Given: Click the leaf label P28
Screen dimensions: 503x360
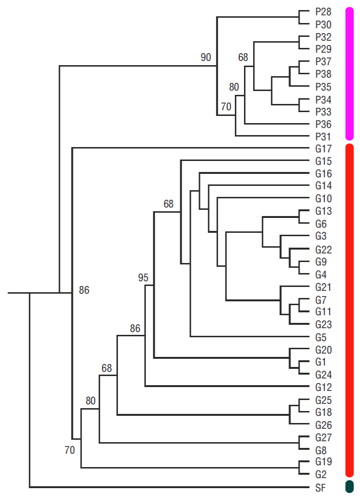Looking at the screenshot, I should [x=324, y=11].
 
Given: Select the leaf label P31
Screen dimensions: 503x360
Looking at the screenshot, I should [x=324, y=137].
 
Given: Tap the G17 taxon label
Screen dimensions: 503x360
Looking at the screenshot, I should [x=324, y=149].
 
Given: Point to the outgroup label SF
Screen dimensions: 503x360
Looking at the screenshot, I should [x=321, y=488].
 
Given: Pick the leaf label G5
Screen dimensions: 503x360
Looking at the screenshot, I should [x=321, y=337].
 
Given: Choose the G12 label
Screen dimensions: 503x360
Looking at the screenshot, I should [x=324, y=387].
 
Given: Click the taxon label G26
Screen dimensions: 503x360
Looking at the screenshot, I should [x=324, y=425].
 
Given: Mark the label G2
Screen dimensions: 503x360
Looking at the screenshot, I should [x=321, y=475].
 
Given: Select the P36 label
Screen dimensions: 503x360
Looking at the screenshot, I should [x=324, y=124].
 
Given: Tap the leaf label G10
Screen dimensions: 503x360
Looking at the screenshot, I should [x=324, y=198].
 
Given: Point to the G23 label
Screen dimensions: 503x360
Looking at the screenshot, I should [x=324, y=325].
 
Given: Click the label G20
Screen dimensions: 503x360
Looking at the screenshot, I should [x=324, y=350].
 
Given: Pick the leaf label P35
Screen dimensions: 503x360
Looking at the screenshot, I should [x=324, y=87].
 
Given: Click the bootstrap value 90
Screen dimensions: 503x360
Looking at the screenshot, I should [x=206, y=57].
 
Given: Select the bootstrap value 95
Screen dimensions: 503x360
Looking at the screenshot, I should [x=143, y=277].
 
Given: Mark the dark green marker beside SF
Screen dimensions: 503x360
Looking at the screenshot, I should [x=349, y=487].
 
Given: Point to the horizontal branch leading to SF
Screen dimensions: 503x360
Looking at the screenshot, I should [x=168, y=488].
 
